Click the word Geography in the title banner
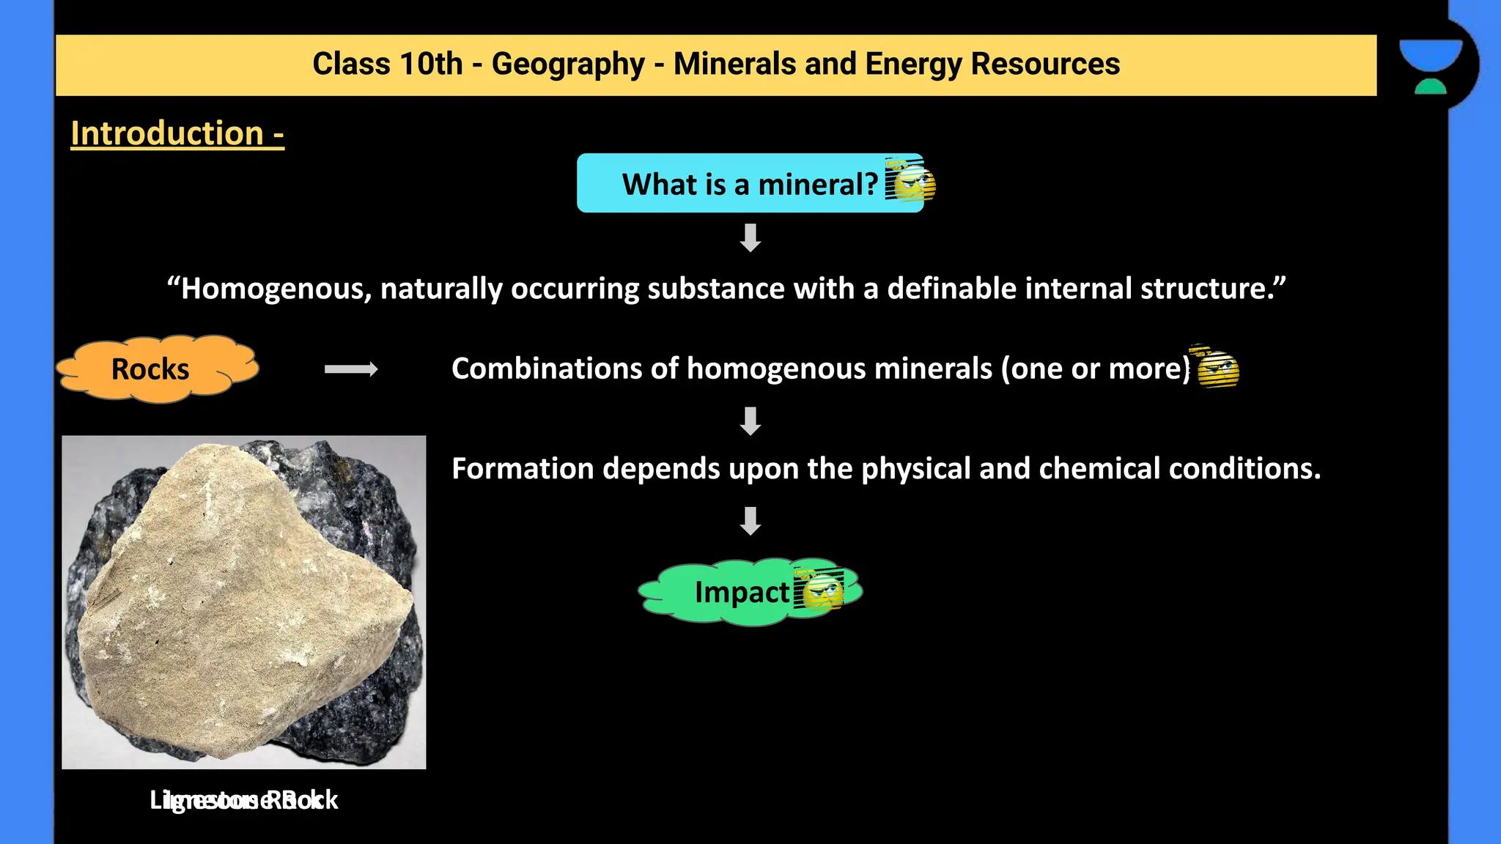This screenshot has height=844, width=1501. click(x=567, y=64)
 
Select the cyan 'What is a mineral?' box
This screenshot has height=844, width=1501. click(x=733, y=184)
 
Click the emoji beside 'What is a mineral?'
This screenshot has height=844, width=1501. click(x=910, y=180)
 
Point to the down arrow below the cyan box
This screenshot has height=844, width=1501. click(x=750, y=238)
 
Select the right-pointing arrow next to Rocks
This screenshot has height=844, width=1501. click(x=351, y=369)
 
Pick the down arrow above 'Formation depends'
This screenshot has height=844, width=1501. click(x=750, y=421)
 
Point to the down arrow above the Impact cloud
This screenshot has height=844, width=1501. click(x=750, y=521)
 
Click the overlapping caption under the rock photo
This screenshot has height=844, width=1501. click(x=243, y=800)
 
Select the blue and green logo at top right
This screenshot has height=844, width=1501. click(x=1431, y=66)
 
